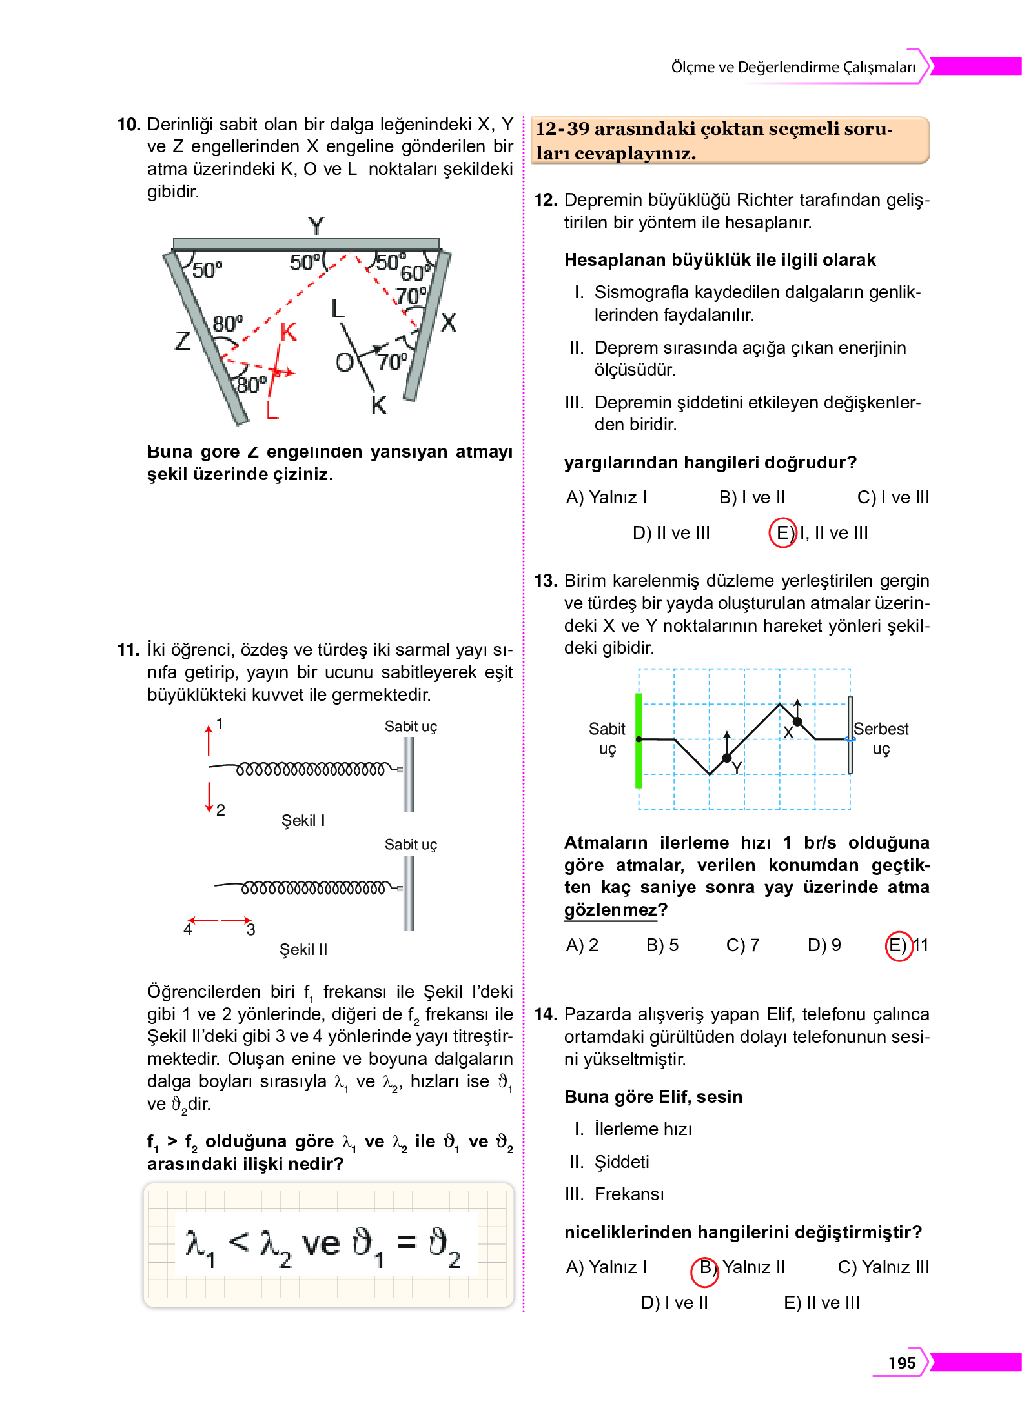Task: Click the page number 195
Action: pyautogui.click(x=901, y=1363)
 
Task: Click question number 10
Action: pyautogui.click(x=128, y=125)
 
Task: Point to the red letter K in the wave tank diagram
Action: pyautogui.click(x=288, y=332)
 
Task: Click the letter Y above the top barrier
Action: pyautogui.click(x=316, y=226)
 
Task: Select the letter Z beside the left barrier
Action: pyautogui.click(x=183, y=340)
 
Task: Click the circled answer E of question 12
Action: pyautogui.click(x=782, y=533)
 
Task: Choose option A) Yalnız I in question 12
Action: pyautogui.click(x=606, y=498)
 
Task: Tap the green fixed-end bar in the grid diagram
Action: pyautogui.click(x=639, y=741)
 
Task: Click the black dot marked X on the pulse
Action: pyautogui.click(x=797, y=721)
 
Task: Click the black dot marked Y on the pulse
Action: pyautogui.click(x=727, y=758)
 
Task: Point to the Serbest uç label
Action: pyautogui.click(x=881, y=738)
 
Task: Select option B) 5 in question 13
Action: pyautogui.click(x=662, y=945)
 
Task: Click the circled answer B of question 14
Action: pyautogui.click(x=705, y=1268)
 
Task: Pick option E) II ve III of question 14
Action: pyautogui.click(x=821, y=1303)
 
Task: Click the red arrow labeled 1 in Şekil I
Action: pyautogui.click(x=209, y=739)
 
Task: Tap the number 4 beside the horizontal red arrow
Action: pyautogui.click(x=188, y=930)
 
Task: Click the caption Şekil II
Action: pyautogui.click(x=303, y=949)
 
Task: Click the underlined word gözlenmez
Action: pyautogui.click(x=610, y=910)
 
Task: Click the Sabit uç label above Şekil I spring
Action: pyautogui.click(x=411, y=727)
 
